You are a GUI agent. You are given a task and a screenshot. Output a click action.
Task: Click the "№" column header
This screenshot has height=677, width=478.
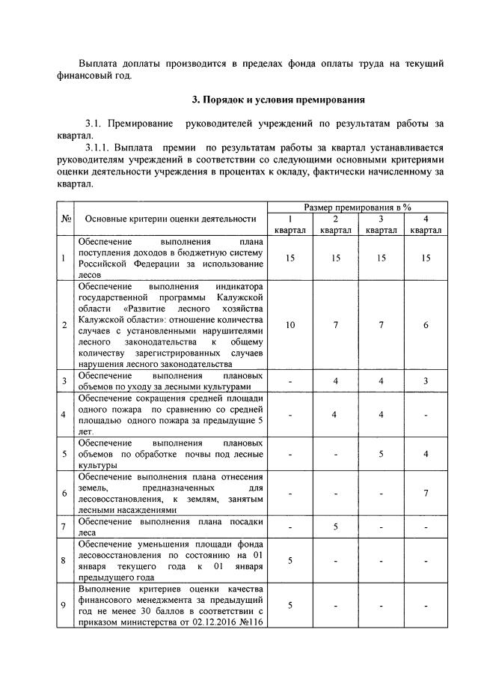[66, 219]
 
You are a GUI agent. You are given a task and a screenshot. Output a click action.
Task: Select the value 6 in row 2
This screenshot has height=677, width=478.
[425, 325]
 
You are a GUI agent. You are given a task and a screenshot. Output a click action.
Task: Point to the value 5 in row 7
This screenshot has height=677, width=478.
[336, 526]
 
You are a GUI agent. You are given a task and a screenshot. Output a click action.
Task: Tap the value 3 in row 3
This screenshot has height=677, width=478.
[425, 381]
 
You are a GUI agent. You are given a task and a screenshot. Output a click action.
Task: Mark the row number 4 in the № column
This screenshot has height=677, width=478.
[66, 414]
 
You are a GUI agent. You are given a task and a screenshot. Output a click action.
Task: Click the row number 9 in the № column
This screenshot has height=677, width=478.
[66, 605]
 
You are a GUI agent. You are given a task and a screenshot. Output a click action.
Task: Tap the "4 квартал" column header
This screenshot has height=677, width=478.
[425, 225]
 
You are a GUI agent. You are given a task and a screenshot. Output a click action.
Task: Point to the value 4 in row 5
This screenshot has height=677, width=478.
[425, 454]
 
